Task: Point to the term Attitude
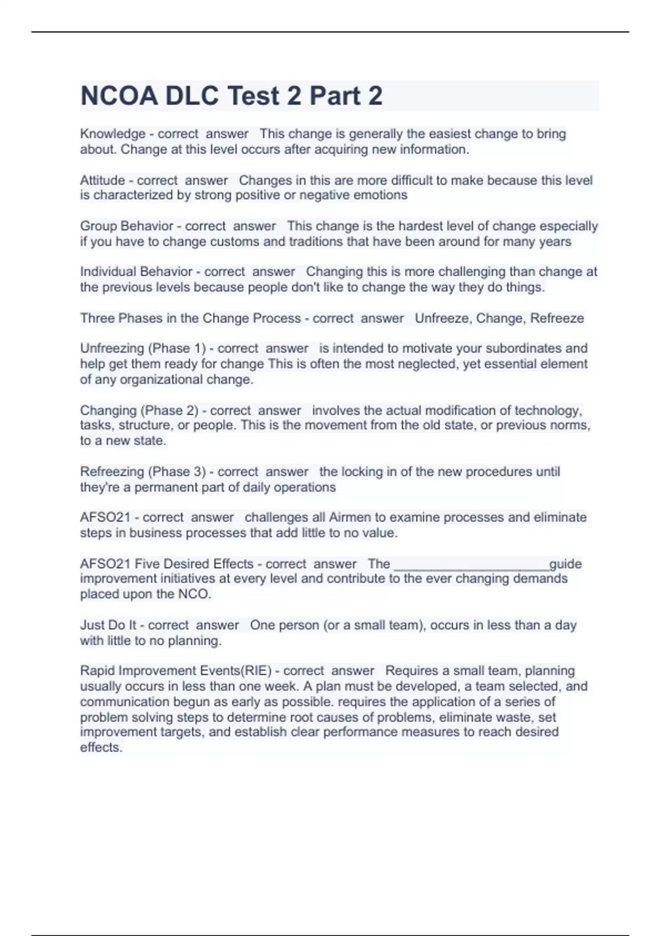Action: pyautogui.click(x=102, y=180)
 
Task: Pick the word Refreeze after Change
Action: pyautogui.click(x=557, y=318)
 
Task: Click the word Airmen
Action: pyautogui.click(x=350, y=518)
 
